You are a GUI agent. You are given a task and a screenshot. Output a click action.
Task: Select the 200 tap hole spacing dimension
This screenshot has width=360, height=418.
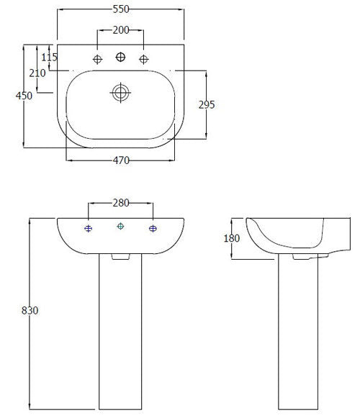(x=120, y=30)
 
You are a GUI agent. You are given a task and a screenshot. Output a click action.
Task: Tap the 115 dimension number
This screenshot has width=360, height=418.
(x=49, y=57)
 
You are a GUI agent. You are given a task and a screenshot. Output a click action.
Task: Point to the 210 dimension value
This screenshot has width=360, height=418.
(x=38, y=73)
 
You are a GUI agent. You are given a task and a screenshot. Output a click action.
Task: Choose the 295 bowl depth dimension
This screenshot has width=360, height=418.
(x=207, y=104)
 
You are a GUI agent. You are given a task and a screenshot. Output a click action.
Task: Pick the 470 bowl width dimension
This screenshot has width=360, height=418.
(x=121, y=161)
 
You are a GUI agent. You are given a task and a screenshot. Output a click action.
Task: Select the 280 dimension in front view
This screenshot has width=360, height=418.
(x=120, y=203)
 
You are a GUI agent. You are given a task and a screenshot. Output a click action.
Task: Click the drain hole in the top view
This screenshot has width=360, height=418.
(x=120, y=92)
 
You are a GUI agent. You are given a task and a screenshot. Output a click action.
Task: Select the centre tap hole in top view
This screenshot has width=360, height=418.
(x=120, y=57)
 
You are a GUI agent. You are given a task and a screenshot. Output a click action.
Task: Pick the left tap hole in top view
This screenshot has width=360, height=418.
(x=97, y=59)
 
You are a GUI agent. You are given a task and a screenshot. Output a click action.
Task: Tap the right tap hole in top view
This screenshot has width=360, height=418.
(x=143, y=59)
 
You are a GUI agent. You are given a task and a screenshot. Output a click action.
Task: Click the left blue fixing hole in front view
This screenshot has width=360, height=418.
(x=89, y=229)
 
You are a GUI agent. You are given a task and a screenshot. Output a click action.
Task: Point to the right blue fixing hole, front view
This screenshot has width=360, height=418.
(x=153, y=229)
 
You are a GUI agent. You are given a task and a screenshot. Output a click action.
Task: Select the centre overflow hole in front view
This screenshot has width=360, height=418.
(x=120, y=227)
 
